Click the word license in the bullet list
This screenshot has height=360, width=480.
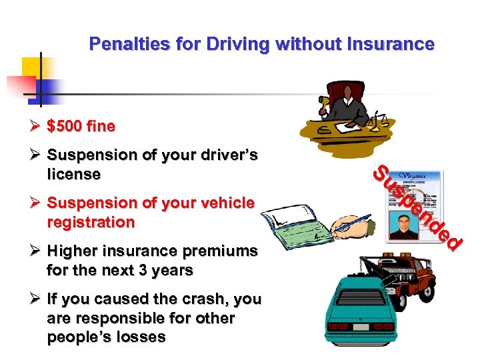[x=74, y=175]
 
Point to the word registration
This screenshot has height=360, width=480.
[x=91, y=222]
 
